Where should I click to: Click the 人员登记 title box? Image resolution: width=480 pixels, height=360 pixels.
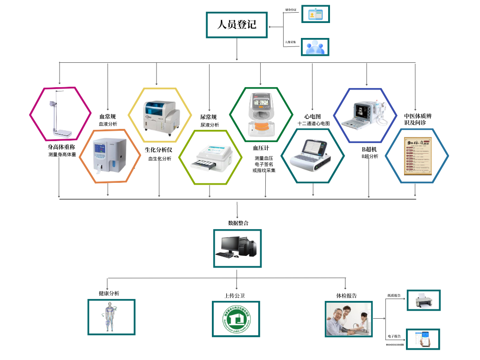(x=237, y=24)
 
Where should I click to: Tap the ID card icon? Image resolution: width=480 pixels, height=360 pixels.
(x=315, y=14)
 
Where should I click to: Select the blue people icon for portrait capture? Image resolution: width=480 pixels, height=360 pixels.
(x=315, y=47)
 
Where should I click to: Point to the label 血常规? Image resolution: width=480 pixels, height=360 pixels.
(x=108, y=116)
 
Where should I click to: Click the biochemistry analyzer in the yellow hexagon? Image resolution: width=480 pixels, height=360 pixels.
(x=159, y=115)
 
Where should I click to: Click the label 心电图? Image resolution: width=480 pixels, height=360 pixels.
(x=312, y=116)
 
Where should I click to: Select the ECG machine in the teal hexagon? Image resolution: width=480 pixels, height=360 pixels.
(x=312, y=155)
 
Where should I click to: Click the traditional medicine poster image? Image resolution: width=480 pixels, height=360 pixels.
(x=417, y=155)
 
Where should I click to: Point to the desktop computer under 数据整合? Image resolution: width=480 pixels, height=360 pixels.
(x=237, y=248)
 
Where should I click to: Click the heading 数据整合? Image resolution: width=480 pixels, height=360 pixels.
(x=238, y=223)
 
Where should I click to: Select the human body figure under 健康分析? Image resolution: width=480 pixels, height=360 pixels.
(x=111, y=317)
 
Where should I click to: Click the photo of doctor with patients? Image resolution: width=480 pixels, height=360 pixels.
(x=348, y=319)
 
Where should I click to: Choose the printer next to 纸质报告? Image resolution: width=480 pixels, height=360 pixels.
(x=424, y=300)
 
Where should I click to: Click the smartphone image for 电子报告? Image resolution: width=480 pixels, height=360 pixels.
(x=423, y=338)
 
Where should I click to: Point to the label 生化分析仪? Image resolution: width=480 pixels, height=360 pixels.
(x=158, y=150)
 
